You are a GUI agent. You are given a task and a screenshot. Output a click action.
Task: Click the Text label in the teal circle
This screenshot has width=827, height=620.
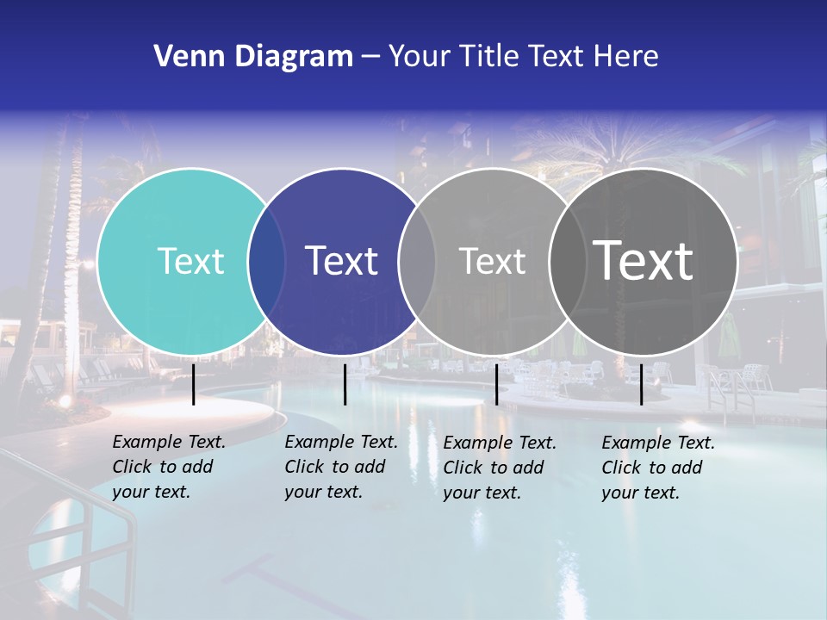point(190,261)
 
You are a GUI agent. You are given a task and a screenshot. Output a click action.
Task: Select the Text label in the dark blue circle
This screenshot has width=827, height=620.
point(341,261)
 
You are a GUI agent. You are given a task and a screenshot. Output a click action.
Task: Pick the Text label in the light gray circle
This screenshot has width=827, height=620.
point(492,261)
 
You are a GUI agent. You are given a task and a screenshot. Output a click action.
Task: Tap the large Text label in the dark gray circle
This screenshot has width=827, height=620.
point(643,260)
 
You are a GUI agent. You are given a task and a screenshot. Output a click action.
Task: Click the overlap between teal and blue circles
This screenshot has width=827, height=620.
point(266,261)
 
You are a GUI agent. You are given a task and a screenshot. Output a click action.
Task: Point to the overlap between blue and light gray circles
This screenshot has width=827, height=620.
point(417,261)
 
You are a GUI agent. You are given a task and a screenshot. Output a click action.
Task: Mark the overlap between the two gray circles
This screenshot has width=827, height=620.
point(568,261)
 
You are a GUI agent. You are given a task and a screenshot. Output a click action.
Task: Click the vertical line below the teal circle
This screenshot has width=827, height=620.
point(194,384)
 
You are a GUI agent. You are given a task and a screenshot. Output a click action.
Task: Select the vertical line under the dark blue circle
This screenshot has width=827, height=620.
point(345,384)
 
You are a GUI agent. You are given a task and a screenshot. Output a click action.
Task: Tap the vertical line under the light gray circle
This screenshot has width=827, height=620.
point(496,384)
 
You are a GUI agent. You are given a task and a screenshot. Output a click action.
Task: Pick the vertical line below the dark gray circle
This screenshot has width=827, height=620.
point(641,384)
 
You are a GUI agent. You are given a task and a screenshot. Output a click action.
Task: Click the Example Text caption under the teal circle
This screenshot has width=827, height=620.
point(168,467)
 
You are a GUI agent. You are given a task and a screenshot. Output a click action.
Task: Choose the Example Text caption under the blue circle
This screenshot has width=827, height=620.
point(340,467)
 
